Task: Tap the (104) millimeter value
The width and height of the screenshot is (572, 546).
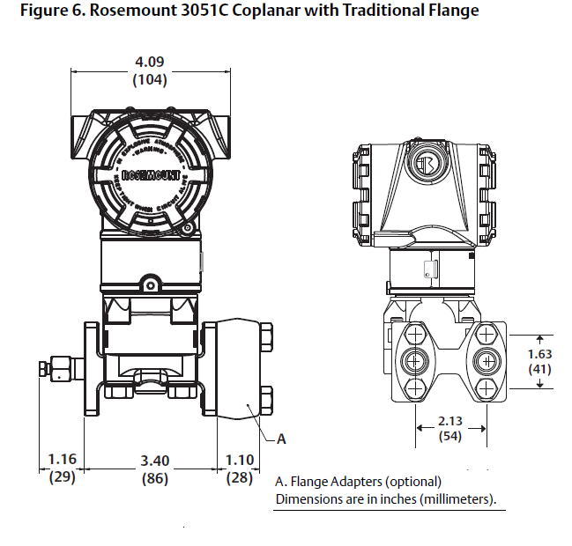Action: point(149,79)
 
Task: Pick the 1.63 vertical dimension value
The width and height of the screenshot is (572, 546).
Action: point(539,354)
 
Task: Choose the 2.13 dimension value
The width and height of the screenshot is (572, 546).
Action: point(451,419)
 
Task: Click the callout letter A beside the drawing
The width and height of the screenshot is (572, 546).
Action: point(282,438)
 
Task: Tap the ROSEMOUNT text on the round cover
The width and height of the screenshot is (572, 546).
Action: point(146,173)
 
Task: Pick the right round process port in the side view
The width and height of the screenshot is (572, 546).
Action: point(486,360)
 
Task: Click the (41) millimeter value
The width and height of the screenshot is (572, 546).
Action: point(539,370)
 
